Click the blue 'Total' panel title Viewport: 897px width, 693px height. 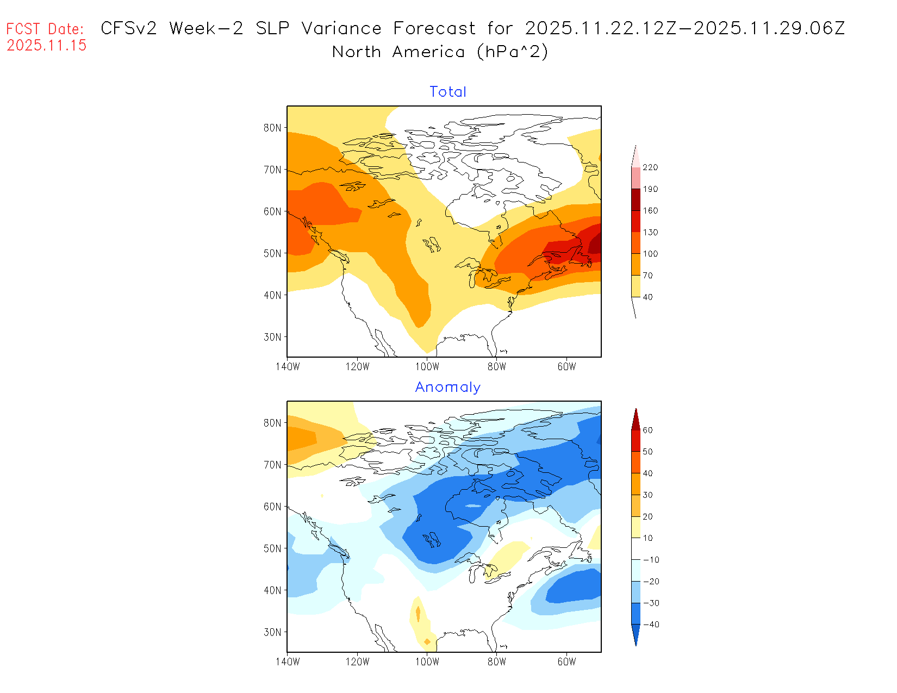pos(447,92)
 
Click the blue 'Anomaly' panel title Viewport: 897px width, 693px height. pos(447,387)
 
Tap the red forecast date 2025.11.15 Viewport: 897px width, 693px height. pos(47,46)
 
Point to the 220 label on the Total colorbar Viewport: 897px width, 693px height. pos(650,167)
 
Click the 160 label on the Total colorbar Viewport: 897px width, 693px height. pos(650,211)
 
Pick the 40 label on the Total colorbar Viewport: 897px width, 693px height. pos(647,297)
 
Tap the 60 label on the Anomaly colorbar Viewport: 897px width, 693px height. pos(647,430)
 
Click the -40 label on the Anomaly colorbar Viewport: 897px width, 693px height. pos(651,625)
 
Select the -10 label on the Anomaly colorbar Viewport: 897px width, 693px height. pos(651,560)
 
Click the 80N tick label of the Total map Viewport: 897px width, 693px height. pos(272,128)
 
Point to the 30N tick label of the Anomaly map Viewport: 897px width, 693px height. pos(272,633)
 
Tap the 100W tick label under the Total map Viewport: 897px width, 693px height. pos(427,367)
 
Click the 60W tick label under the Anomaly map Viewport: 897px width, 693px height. pos(566,662)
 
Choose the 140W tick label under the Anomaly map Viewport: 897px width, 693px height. pos(288,662)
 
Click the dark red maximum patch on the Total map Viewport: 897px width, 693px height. pos(596,244)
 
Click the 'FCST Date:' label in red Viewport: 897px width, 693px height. pos(45,29)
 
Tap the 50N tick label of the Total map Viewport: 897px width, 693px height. pos(272,254)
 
